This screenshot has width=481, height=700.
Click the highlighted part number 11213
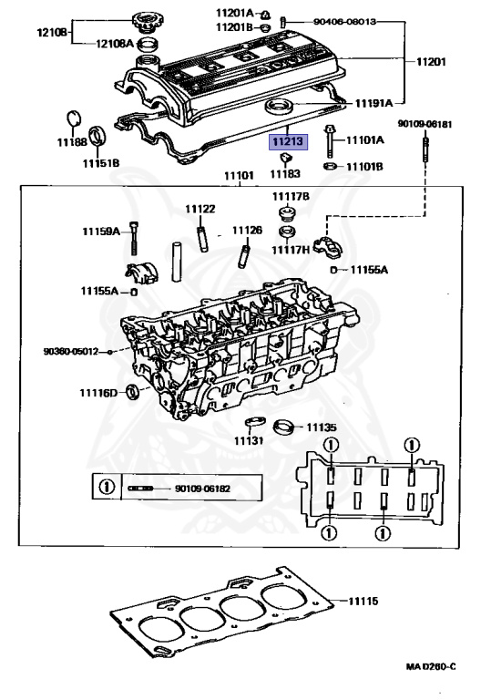tap(287, 142)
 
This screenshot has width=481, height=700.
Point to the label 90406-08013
tap(344, 20)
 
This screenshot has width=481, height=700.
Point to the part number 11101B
tap(364, 167)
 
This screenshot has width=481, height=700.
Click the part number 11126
tap(246, 231)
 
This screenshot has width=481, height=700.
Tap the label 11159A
tap(103, 232)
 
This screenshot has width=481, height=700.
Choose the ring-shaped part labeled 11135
tap(287, 426)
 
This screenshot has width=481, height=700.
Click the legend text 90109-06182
tap(203, 489)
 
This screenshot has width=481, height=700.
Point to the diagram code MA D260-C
tap(431, 667)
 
